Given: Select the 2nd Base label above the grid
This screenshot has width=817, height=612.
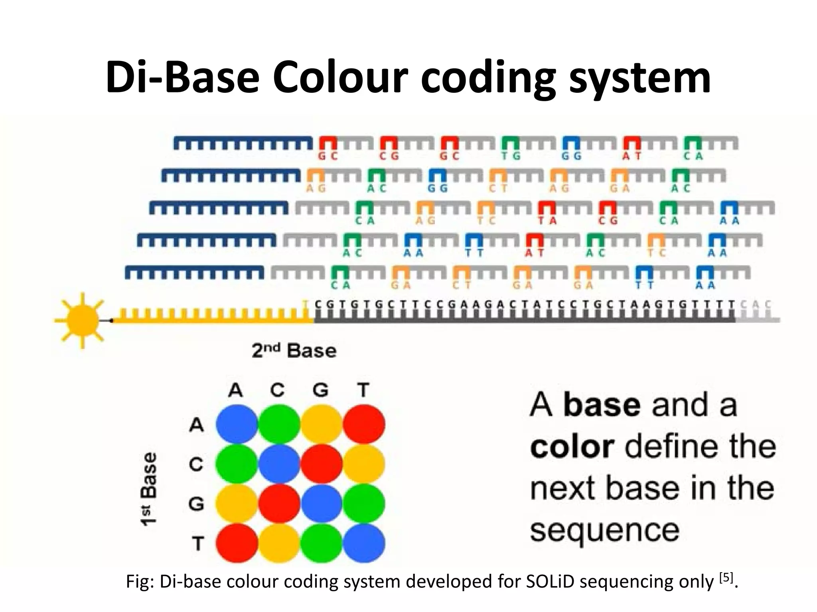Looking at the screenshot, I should click(x=294, y=351).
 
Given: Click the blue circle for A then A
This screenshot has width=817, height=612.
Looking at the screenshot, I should click(x=237, y=424).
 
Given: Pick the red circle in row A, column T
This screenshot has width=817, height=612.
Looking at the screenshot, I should click(x=364, y=424).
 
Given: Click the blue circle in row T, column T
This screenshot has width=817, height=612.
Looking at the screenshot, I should click(x=364, y=543).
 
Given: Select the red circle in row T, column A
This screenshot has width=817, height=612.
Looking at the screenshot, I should click(x=237, y=543).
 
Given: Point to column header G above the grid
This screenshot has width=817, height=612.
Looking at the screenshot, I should click(x=320, y=390).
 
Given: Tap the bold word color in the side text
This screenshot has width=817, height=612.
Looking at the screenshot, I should click(x=572, y=447).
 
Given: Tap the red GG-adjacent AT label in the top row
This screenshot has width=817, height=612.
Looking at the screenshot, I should click(x=632, y=157).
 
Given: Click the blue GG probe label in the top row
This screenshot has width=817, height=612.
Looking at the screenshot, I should click(x=571, y=157).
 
